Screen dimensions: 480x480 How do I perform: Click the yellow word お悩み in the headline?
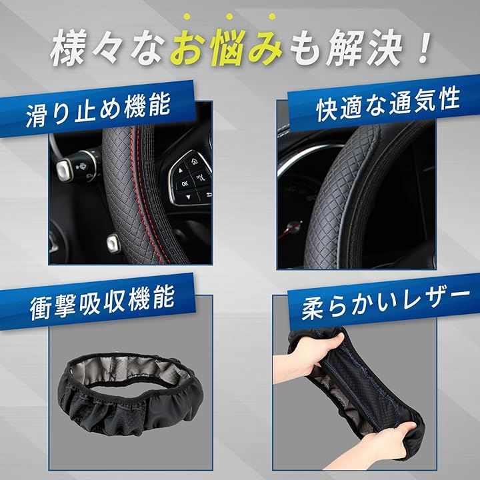tap(226, 47)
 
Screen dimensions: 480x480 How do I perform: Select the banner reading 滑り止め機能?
tap(97, 109)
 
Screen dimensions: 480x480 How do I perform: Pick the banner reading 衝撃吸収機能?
tap(97, 301)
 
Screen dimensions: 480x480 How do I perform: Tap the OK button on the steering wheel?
tap(185, 183)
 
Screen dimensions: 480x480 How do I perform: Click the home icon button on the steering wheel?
tap(195, 161)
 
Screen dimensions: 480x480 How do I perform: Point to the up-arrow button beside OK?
tap(181, 170)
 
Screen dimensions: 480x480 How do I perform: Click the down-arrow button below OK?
tap(187, 197)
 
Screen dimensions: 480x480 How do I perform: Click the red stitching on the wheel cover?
tap(143, 196)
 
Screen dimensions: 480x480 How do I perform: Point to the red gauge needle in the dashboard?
tap(291, 229)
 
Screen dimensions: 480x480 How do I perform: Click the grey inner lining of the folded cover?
tap(129, 371)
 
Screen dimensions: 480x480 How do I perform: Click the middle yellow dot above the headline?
tap(229, 17)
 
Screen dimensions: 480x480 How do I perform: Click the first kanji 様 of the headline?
tap(67, 47)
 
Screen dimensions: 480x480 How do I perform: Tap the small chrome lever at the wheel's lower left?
tap(113, 243)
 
